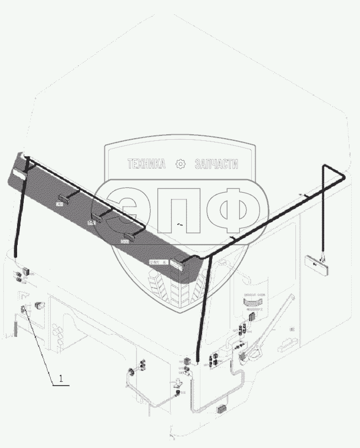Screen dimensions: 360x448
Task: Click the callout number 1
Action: point(61,380)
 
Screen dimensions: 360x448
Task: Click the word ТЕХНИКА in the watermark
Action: point(146,164)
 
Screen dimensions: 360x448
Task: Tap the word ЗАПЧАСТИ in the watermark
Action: point(216,164)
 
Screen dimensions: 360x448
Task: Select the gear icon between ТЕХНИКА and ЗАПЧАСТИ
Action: point(179,164)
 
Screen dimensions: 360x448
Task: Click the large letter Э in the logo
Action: point(125,209)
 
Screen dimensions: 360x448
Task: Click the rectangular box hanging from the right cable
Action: point(316,263)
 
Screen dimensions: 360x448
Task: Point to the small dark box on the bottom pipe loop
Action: point(222,409)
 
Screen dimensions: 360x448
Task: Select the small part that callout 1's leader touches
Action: point(23,310)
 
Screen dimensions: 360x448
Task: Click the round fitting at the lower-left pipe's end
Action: point(132,370)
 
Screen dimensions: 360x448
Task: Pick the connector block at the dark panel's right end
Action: point(179,266)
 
